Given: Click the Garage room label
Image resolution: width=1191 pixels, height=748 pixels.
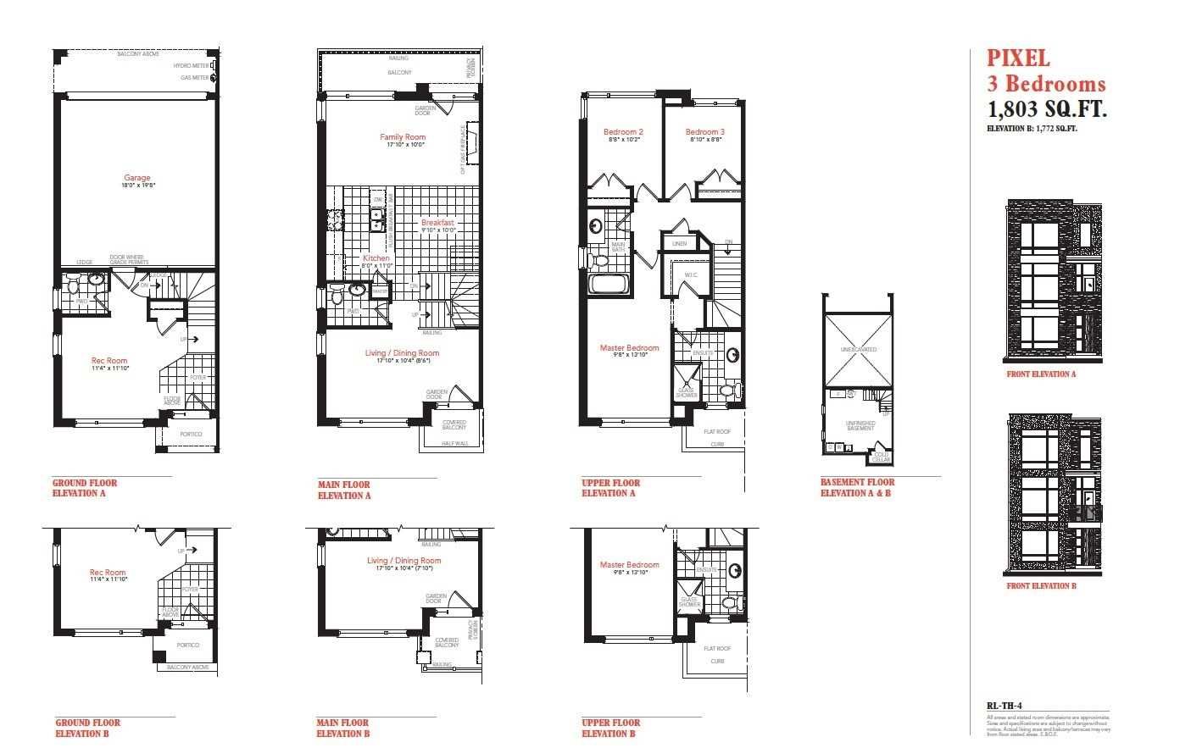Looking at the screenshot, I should (136, 178).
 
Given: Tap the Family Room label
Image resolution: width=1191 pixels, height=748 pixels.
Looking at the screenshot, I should (403, 136).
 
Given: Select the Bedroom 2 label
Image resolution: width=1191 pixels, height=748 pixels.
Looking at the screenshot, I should (623, 132).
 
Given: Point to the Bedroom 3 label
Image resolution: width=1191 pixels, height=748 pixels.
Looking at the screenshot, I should (705, 132).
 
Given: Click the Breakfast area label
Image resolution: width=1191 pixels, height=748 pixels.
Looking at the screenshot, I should (438, 223).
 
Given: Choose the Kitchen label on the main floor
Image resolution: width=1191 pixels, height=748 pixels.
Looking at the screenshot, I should (376, 258).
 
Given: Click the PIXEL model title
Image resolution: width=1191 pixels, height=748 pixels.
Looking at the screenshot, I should (1018, 58).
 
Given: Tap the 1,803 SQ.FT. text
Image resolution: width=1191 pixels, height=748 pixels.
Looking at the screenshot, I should (1048, 110).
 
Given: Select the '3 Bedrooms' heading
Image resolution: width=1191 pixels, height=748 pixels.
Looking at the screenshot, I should (1046, 84).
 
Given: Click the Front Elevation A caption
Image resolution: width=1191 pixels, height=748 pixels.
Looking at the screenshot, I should (1041, 374).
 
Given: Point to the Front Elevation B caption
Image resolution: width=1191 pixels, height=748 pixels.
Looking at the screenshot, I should (1041, 585).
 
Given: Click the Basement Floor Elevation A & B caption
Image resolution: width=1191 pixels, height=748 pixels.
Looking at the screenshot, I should (856, 488).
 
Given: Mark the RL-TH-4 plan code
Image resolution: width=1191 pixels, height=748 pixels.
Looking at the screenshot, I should (1005, 705).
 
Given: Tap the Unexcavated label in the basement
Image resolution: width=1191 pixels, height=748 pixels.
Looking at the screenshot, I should (859, 349).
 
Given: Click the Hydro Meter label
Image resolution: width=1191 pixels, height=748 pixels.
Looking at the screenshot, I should (191, 65).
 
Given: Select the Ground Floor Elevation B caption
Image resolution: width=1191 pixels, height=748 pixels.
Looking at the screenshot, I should (87, 728).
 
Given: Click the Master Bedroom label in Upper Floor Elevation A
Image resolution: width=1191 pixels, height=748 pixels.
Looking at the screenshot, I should (629, 348).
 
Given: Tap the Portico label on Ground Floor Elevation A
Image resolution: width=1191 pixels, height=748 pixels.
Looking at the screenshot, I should (191, 434).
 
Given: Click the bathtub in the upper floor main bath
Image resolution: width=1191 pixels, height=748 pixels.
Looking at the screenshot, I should (609, 285).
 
